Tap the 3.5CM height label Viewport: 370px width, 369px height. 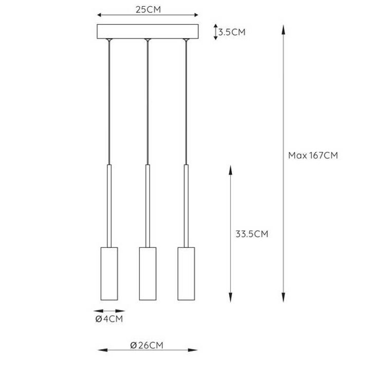231,32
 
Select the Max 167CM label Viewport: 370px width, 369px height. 312,156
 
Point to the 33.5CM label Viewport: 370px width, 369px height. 252,234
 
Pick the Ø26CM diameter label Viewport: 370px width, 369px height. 147,345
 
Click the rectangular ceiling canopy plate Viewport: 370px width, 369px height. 147,31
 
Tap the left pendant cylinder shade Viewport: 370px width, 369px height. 109,274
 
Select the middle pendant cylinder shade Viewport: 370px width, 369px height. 147,274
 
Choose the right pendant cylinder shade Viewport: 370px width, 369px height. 186,274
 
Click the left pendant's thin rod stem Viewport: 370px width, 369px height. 109,205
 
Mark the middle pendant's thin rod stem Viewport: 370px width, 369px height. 147,205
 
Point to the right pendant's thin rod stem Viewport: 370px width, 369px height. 186,205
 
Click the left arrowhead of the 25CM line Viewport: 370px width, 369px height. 99,16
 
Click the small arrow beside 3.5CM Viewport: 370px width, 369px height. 215,32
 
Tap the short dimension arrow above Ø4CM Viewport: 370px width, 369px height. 109,311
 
